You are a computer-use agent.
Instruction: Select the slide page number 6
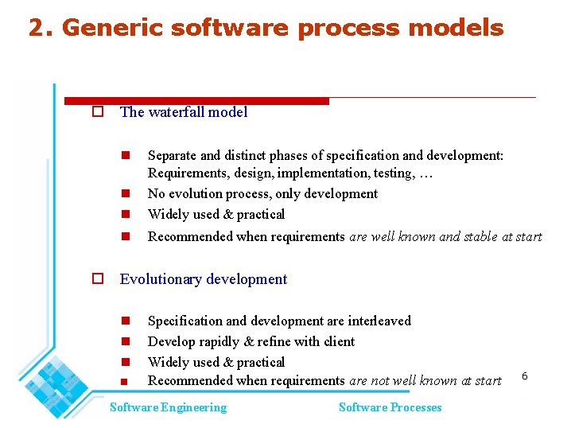[x=525, y=375]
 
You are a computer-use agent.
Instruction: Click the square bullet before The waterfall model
[x=98, y=112]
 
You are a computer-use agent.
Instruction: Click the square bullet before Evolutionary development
[x=98, y=279]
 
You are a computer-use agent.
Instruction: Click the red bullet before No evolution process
[x=126, y=194]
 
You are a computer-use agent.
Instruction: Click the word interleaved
[x=376, y=321]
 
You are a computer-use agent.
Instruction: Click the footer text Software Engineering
[x=168, y=407]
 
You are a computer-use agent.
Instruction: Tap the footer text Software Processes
[x=390, y=407]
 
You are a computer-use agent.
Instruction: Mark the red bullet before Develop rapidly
[x=126, y=342]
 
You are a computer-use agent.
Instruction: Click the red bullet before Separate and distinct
[x=126, y=156]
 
